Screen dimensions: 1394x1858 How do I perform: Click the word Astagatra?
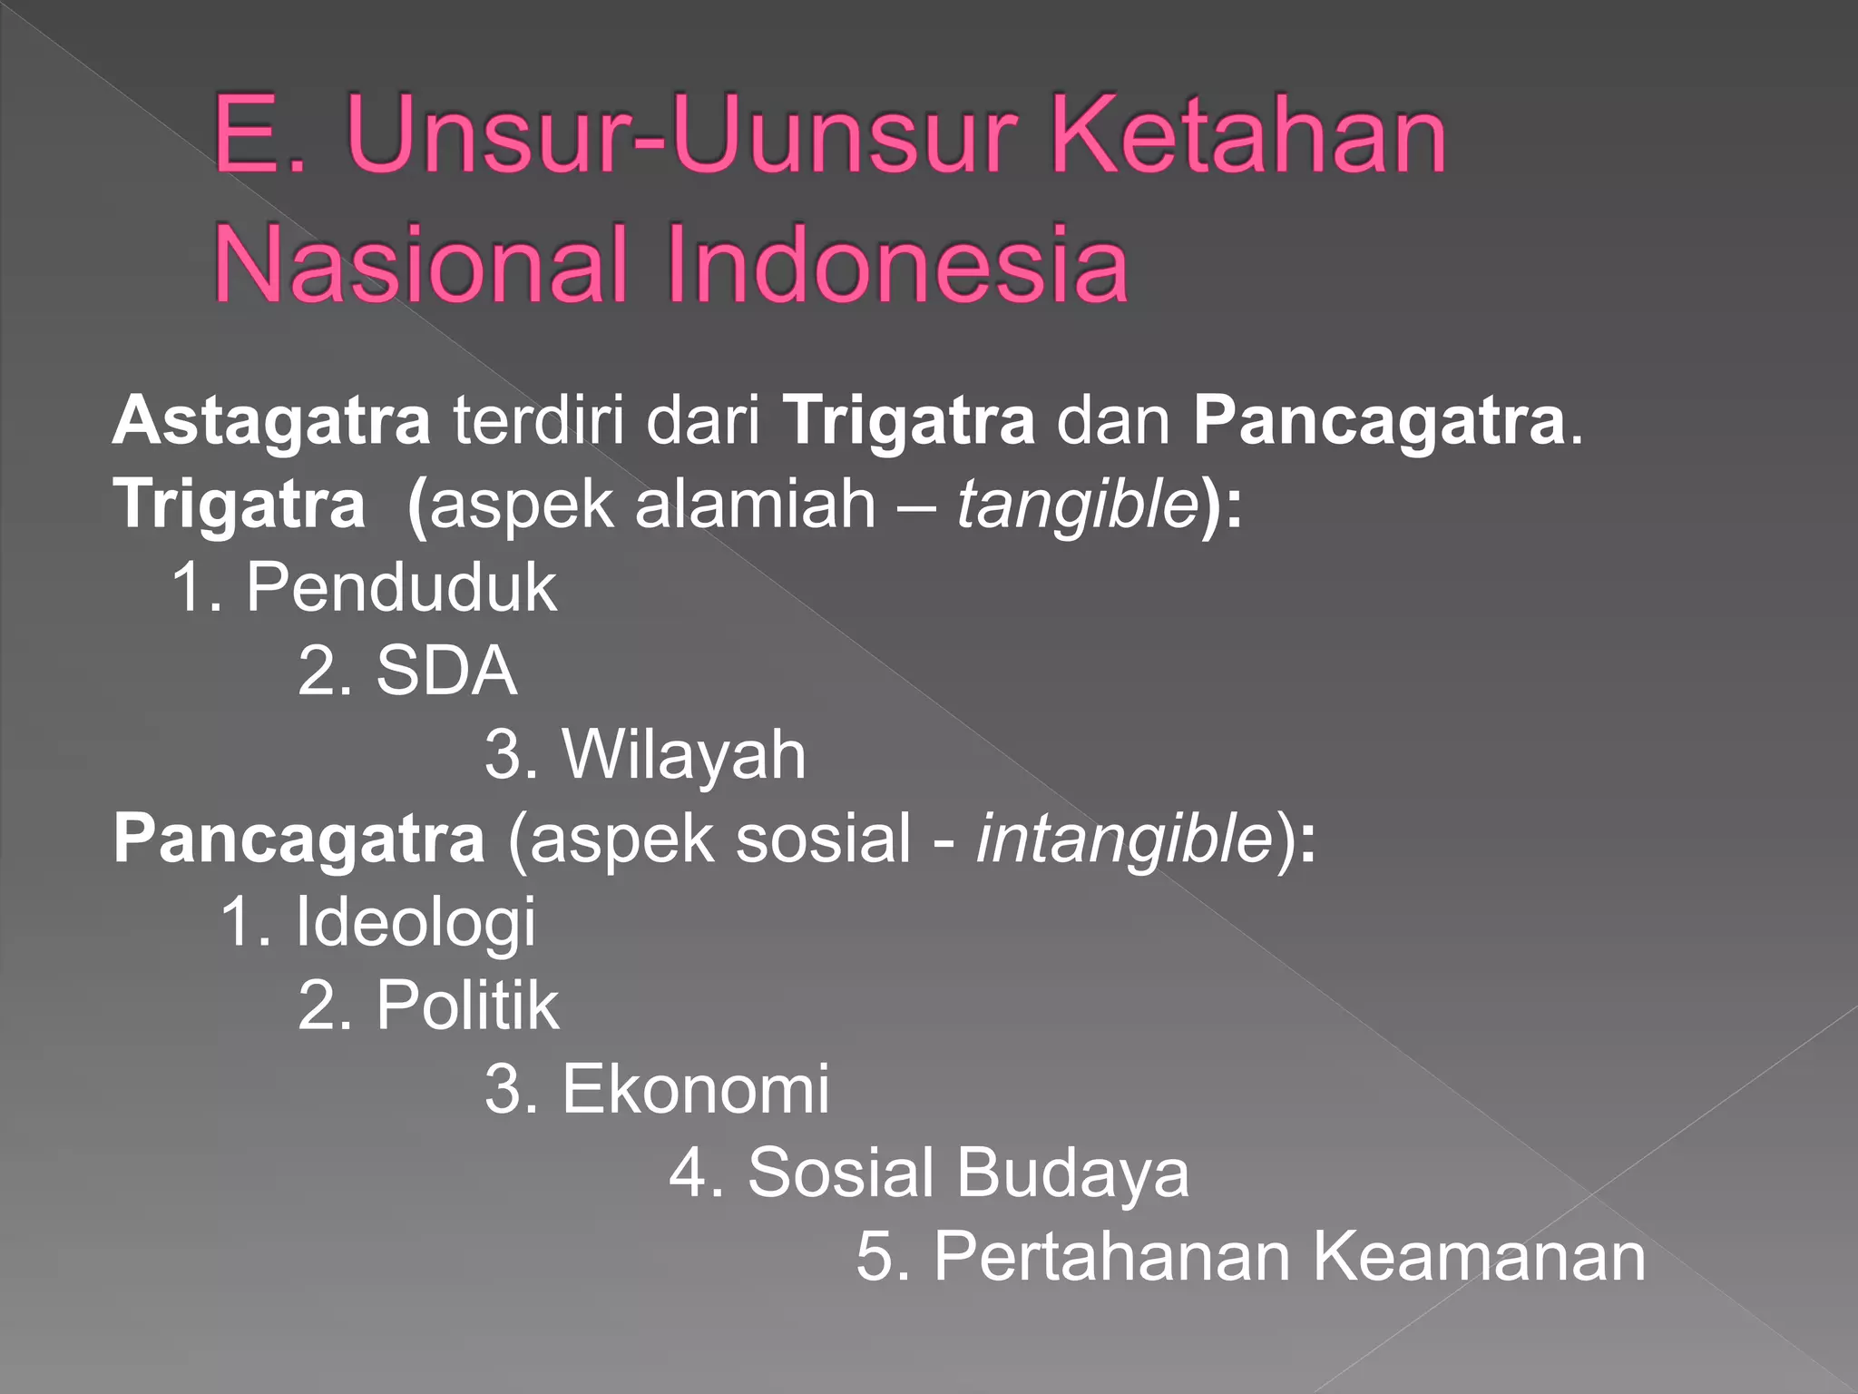click(270, 422)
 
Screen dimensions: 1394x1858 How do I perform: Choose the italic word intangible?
click(1125, 839)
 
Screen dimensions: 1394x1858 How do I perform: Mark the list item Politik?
click(467, 1006)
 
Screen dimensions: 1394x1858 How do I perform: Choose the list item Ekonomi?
click(695, 1089)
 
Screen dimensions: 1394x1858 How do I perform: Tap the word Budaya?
click(1072, 1173)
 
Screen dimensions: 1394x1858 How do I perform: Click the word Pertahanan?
click(1112, 1256)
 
